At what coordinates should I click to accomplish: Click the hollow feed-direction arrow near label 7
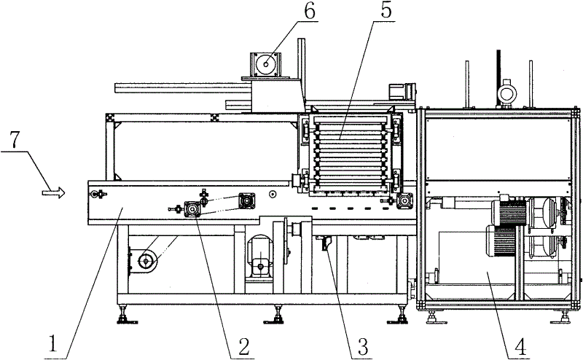[x=52, y=193]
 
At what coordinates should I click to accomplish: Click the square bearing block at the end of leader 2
[x=193, y=210]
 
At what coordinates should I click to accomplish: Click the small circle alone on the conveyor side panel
[x=271, y=195]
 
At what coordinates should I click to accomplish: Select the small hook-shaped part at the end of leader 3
[x=324, y=246]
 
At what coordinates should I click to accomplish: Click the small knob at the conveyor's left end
[x=96, y=194]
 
